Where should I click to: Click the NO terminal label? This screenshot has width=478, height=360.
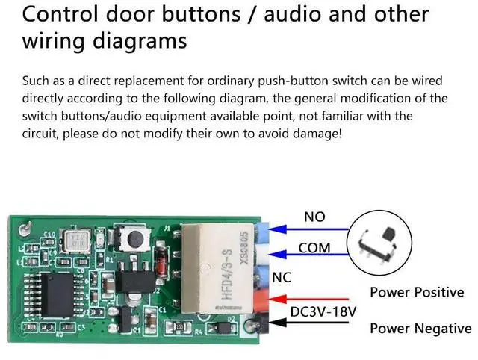314,217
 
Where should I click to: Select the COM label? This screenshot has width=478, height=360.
314,247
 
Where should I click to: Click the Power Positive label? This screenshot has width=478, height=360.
417,292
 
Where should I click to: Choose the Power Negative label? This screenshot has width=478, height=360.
420,328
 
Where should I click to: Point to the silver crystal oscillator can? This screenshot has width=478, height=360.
76,240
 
